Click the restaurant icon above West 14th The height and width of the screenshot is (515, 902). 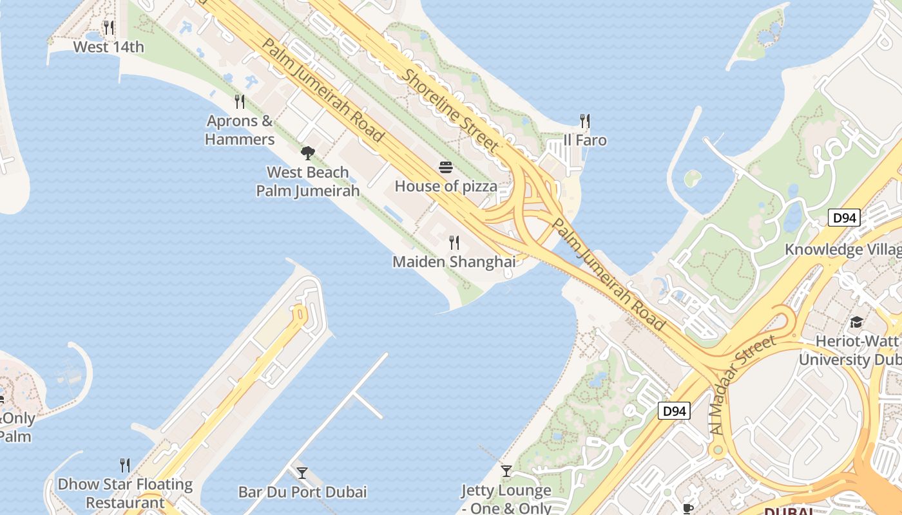[x=108, y=28]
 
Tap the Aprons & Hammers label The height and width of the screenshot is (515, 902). [x=240, y=130]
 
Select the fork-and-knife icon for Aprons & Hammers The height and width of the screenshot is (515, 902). [x=240, y=101]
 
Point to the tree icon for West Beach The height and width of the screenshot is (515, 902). [x=308, y=153]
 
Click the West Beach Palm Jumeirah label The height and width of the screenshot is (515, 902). [x=308, y=182]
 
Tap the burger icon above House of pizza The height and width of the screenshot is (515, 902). [x=446, y=168]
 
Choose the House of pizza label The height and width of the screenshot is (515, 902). [x=446, y=187]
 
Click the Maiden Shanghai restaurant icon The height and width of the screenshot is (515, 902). [x=454, y=243]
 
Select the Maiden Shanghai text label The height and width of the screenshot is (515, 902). [x=454, y=262]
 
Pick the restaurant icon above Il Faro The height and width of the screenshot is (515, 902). [x=585, y=121]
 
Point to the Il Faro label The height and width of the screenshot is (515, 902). [x=585, y=140]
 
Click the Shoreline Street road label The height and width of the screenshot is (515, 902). [x=451, y=109]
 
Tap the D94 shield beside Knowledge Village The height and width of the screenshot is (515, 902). [x=844, y=218]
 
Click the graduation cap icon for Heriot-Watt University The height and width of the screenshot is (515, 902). [x=856, y=322]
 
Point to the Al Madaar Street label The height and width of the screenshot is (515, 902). [x=745, y=393]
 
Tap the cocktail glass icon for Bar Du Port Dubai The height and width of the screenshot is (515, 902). [x=302, y=473]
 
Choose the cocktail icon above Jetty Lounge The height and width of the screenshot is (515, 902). [x=506, y=471]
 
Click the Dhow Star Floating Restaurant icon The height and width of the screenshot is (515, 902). [x=125, y=465]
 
